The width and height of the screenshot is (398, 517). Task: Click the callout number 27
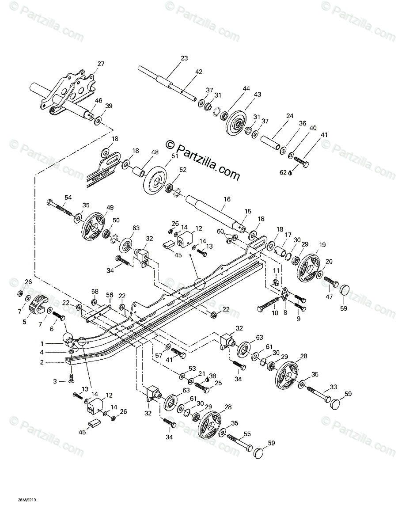point(101,64)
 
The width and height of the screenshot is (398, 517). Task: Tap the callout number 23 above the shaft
point(184,58)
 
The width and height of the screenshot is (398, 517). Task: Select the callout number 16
point(227,199)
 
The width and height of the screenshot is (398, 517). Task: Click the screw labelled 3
point(71,377)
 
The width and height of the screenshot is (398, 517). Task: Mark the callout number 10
point(275,313)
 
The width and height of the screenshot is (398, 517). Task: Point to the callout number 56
point(110,295)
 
